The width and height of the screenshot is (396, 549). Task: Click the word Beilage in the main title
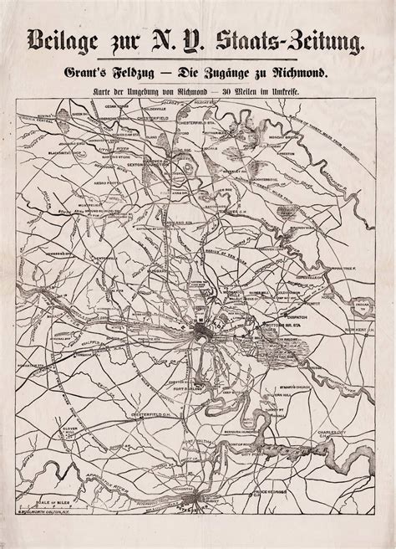(71, 37)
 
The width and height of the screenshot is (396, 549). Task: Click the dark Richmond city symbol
(203, 336)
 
